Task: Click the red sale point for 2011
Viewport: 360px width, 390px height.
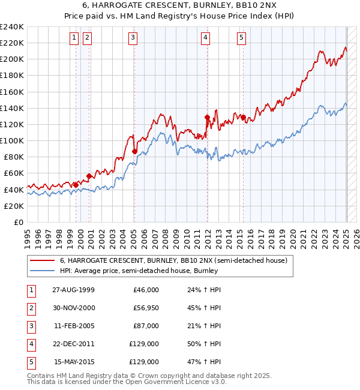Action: pyautogui.click(x=207, y=118)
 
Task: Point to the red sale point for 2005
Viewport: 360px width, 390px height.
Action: pyautogui.click(x=134, y=151)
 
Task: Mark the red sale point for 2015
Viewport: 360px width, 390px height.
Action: pyautogui.click(x=243, y=118)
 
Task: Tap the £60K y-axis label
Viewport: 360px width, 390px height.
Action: pyautogui.click(x=14, y=173)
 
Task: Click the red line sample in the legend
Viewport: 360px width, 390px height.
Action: pyautogui.click(x=43, y=261)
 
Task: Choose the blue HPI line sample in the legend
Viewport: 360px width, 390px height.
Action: pyautogui.click(x=43, y=271)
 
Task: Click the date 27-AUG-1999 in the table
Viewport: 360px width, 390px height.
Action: pyautogui.click(x=73, y=290)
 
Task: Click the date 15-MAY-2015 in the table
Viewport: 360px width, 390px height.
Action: pyautogui.click(x=73, y=362)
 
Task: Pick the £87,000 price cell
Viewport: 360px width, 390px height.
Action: pyautogui.click(x=145, y=326)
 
